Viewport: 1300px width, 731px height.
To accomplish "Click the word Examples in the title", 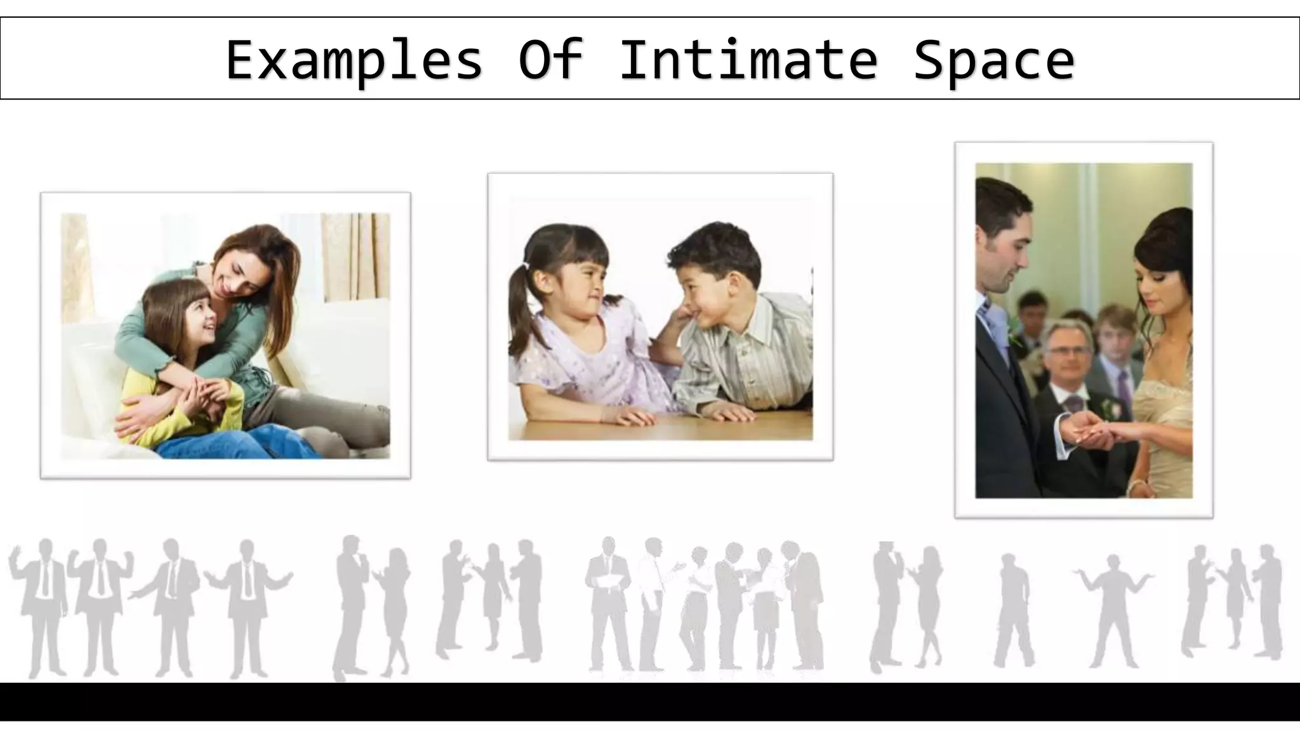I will pos(354,60).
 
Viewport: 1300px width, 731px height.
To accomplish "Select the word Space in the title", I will pos(993,60).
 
